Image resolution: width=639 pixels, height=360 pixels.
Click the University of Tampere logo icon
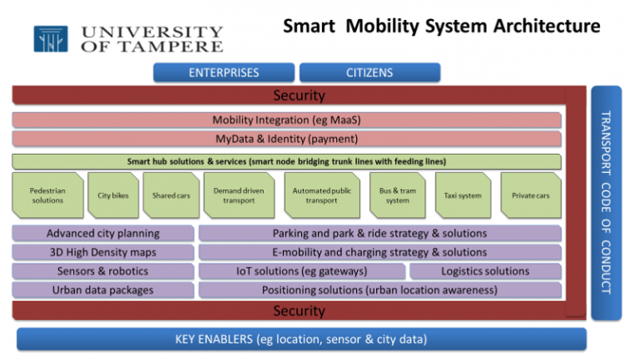pyautogui.click(x=51, y=39)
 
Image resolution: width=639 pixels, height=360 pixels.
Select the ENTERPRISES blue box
pyautogui.click(x=224, y=72)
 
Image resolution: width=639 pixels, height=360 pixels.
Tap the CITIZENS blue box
pyautogui.click(x=369, y=72)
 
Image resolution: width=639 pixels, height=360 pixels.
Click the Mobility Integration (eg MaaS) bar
pyautogui.click(x=286, y=120)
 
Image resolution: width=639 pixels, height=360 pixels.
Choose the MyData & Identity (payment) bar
pyautogui.click(x=286, y=139)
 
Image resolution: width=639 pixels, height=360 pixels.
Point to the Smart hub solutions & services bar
pyautogui.click(x=286, y=161)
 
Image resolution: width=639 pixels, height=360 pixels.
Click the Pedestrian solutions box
pyautogui.click(x=47, y=195)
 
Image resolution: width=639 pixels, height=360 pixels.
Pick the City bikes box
pyautogui.click(x=112, y=195)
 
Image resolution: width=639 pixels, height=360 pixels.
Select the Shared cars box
pyautogui.click(x=171, y=195)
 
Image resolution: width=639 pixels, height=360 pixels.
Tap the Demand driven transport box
pyautogui.click(x=238, y=195)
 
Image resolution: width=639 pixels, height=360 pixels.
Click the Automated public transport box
pyautogui.click(x=321, y=195)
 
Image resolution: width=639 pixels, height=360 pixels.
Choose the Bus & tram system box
pyautogui.click(x=397, y=195)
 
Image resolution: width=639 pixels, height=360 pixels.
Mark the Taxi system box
pyautogui.click(x=463, y=195)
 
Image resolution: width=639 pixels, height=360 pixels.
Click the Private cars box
pyautogui.click(x=530, y=195)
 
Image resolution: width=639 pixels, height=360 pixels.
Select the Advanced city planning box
pyautogui.click(x=102, y=234)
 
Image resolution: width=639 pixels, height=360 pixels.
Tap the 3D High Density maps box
pyautogui.click(x=102, y=252)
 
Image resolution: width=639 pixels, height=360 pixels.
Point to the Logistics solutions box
pyautogui.click(x=485, y=271)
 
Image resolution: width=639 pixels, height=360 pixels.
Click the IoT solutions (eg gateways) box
pyautogui.click(x=302, y=271)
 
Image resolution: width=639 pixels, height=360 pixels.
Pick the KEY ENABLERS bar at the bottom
pyautogui.click(x=301, y=339)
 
